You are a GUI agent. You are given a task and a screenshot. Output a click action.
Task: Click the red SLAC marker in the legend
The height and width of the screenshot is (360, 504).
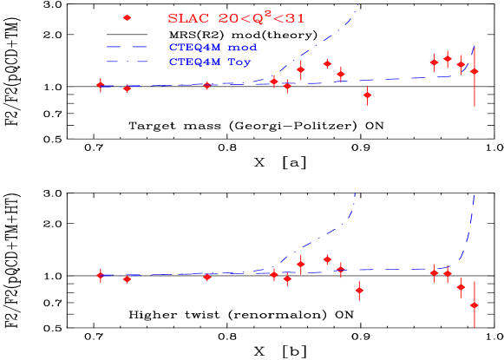coord(128,17)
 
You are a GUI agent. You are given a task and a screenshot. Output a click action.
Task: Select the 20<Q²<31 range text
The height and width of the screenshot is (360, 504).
coord(261,17)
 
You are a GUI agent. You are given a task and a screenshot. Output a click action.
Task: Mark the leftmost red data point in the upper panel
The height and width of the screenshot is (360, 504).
coord(101,85)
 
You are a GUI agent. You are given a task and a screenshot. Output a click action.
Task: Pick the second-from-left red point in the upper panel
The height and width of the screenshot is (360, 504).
coord(128,88)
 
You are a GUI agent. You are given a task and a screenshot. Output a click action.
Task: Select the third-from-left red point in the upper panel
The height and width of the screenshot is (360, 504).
coord(206,85)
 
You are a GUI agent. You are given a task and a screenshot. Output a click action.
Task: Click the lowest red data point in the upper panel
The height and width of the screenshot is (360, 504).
coord(367,95)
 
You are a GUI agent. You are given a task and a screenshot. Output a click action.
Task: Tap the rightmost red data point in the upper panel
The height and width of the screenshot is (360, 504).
coord(474,71)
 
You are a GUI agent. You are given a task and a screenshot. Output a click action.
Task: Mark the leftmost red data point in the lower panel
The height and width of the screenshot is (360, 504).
coord(101,275)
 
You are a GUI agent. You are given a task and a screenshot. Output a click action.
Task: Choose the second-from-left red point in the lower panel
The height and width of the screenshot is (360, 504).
coord(128,278)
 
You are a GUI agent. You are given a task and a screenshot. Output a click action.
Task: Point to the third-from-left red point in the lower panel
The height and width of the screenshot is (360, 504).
coord(206,277)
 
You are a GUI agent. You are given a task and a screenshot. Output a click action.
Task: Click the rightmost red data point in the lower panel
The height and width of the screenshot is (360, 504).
coord(474,305)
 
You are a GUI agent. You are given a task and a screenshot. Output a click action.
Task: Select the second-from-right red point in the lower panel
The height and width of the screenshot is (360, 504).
coord(461,286)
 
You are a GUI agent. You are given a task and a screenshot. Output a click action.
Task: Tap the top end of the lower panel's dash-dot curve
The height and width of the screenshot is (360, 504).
coord(356,192)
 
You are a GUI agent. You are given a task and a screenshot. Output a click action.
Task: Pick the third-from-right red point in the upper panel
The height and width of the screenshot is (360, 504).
coord(448,59)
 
